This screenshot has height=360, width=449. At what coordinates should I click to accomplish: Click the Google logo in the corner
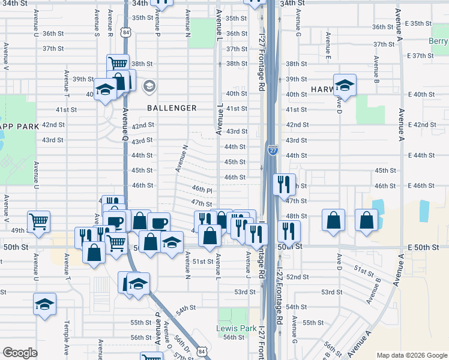coord(20,353)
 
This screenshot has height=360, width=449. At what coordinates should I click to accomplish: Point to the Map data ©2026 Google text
coord(411,355)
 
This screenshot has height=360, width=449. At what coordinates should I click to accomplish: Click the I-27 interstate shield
coord(273,151)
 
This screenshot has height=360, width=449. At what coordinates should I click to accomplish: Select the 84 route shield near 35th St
coord(125,33)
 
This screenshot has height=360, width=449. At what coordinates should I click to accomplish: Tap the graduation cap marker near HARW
coord(345,86)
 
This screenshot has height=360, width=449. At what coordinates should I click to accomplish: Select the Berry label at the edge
coord(439,41)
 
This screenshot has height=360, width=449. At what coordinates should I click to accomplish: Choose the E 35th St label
coord(418,23)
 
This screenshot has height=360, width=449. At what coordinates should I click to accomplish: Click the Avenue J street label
coord(247,263)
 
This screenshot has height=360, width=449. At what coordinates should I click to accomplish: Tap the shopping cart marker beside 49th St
coord(38,221)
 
